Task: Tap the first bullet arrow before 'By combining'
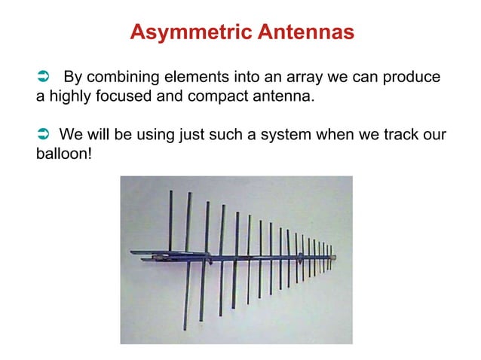click(43, 78)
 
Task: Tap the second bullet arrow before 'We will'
click(43, 136)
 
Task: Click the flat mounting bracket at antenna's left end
click(147, 254)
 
